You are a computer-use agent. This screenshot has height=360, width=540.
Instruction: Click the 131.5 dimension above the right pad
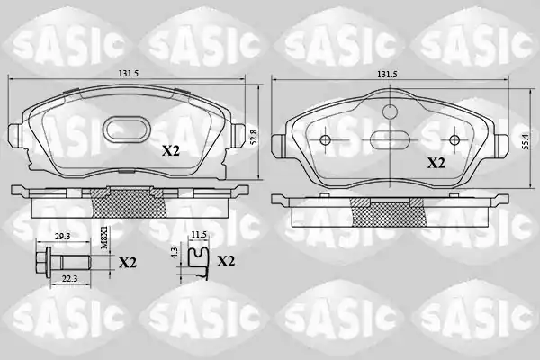(x=387, y=74)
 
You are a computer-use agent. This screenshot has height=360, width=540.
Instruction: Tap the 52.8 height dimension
(x=254, y=137)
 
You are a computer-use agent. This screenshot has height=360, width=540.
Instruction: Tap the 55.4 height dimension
(x=525, y=140)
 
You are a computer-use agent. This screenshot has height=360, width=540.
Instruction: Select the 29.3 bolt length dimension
(x=63, y=236)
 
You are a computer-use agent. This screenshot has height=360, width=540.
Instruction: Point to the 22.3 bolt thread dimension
(x=69, y=279)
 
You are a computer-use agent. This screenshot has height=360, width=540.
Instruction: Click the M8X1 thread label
(x=103, y=238)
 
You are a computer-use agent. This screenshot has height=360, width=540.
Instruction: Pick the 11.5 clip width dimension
(x=199, y=234)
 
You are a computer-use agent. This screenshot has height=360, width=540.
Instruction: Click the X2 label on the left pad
(x=171, y=150)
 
